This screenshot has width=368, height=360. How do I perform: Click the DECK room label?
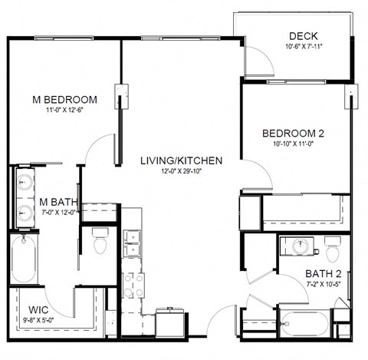click(304, 36)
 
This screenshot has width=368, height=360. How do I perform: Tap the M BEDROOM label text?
click(64, 100)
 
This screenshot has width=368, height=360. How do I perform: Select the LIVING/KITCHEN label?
click(182, 160)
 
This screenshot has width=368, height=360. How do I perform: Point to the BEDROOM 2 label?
click(293, 134)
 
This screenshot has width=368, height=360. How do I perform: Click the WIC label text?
click(38, 310)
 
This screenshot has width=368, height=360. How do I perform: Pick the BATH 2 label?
click(324, 274)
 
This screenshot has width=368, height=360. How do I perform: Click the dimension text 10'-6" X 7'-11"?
click(304, 47)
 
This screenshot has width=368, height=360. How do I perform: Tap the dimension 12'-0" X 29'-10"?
click(182, 171)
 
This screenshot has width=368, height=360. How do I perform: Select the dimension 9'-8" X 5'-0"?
click(38, 320)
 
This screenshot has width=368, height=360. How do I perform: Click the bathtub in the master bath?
click(24, 259)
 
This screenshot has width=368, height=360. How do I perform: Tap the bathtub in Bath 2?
click(304, 323)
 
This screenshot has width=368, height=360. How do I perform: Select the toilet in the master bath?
click(100, 240)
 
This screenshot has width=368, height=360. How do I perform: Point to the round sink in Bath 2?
click(301, 246)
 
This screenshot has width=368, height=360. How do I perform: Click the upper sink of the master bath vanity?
click(25, 182)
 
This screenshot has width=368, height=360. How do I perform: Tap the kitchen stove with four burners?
click(133, 285)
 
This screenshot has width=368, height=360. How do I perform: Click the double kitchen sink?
click(132, 243)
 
